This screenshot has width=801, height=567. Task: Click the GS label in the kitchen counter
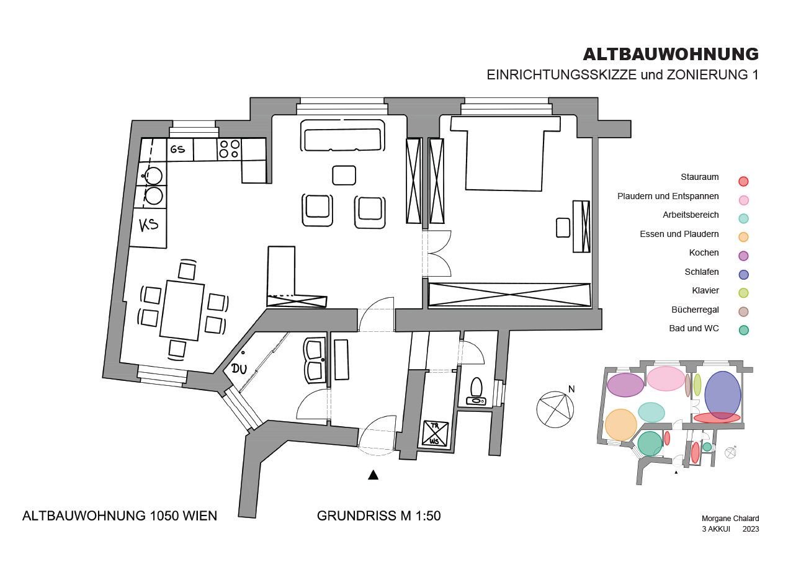coord(177,149)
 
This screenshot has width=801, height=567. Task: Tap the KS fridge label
coord(148,225)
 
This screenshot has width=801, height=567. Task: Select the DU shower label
coord(239,368)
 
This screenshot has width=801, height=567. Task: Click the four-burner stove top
coord(229,149)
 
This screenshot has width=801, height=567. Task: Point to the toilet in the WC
coord(477,392)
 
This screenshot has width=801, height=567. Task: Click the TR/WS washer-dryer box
coord(435,433)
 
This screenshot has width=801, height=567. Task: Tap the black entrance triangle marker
coord(373,475)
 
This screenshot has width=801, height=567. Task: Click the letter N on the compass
coord(571,389)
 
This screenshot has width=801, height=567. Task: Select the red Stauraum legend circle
coord(743,181)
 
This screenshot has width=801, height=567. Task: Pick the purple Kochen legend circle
coord(743,256)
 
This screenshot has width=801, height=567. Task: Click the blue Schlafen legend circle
coord(743,274)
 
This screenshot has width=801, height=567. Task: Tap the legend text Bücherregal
coord(695,310)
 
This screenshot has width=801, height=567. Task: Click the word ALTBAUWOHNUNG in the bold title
coord(671,55)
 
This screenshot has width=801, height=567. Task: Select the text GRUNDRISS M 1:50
coord(378,516)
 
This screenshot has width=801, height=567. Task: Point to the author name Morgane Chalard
coord(730,518)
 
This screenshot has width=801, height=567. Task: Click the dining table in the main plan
coord(182,310)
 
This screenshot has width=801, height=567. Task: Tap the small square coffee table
coord(344,175)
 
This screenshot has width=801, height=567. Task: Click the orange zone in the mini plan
coord(621,425)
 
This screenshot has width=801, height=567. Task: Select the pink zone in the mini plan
coord(666,378)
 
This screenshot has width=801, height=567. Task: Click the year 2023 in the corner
coord(751,529)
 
